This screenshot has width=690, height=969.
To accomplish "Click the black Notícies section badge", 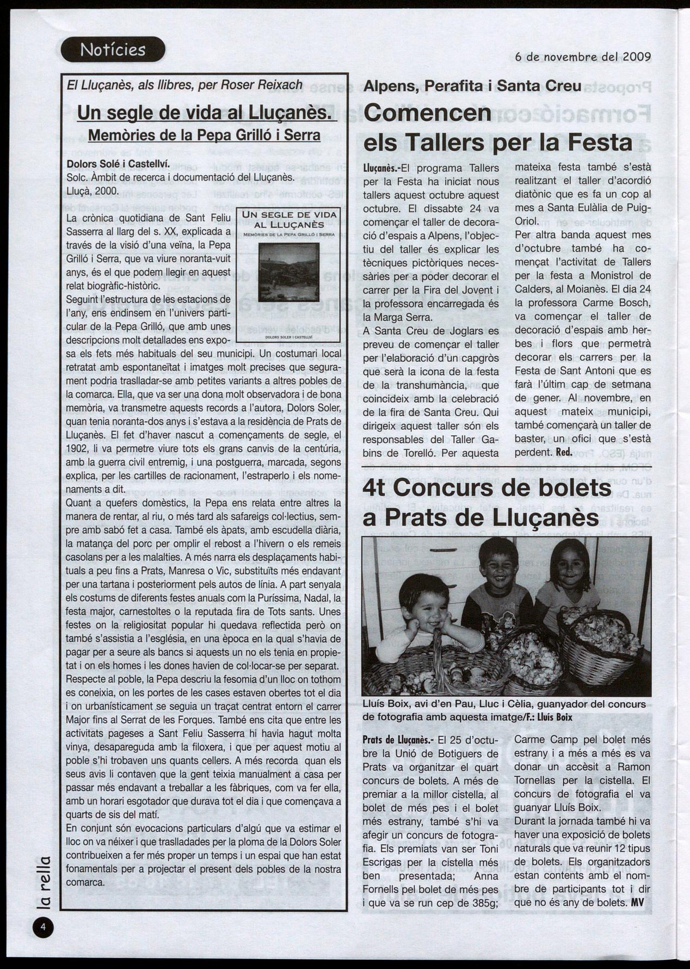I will pos(113,50).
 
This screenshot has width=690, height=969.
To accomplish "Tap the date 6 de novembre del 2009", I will pos(583,57).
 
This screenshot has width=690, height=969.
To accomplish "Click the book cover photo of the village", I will pos(288,272).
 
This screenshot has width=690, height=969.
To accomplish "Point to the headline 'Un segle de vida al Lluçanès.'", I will pos(207,113).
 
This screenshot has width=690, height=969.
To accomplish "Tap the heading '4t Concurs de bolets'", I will pos(486,488).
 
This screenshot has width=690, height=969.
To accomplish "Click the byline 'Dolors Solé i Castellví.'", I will pos(118,164).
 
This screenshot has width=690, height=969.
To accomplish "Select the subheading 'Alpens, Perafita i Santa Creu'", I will pos(472,86).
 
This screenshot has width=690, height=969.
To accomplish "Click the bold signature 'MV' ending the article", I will pos(637,903).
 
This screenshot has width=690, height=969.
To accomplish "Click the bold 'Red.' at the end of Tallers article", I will pos(564,452).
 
